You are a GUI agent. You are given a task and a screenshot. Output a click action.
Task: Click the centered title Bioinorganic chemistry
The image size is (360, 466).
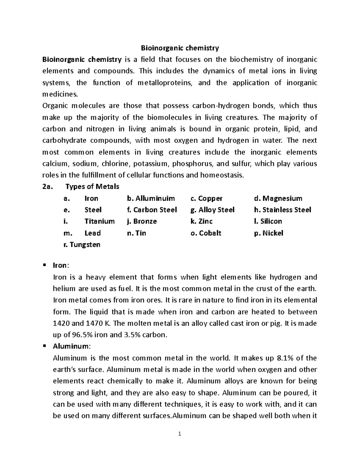180,48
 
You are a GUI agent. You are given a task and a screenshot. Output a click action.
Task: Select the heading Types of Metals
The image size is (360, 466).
92,187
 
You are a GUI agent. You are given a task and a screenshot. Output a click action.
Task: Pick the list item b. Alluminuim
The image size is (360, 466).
151,198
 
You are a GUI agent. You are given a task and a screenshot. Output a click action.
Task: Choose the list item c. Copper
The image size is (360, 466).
206,198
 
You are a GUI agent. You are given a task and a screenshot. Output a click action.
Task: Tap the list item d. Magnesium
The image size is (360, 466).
278,198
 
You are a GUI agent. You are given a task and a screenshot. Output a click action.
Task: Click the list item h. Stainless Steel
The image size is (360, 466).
282,210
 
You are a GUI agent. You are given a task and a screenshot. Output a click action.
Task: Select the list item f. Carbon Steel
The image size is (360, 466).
152,210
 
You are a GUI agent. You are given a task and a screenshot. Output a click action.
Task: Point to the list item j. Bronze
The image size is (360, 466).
142,221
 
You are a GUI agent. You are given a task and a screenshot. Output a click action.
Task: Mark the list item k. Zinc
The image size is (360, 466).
201,221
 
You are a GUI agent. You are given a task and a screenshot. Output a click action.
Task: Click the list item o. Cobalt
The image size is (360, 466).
206,233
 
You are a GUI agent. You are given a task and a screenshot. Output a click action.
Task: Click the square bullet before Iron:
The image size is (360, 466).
44,265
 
